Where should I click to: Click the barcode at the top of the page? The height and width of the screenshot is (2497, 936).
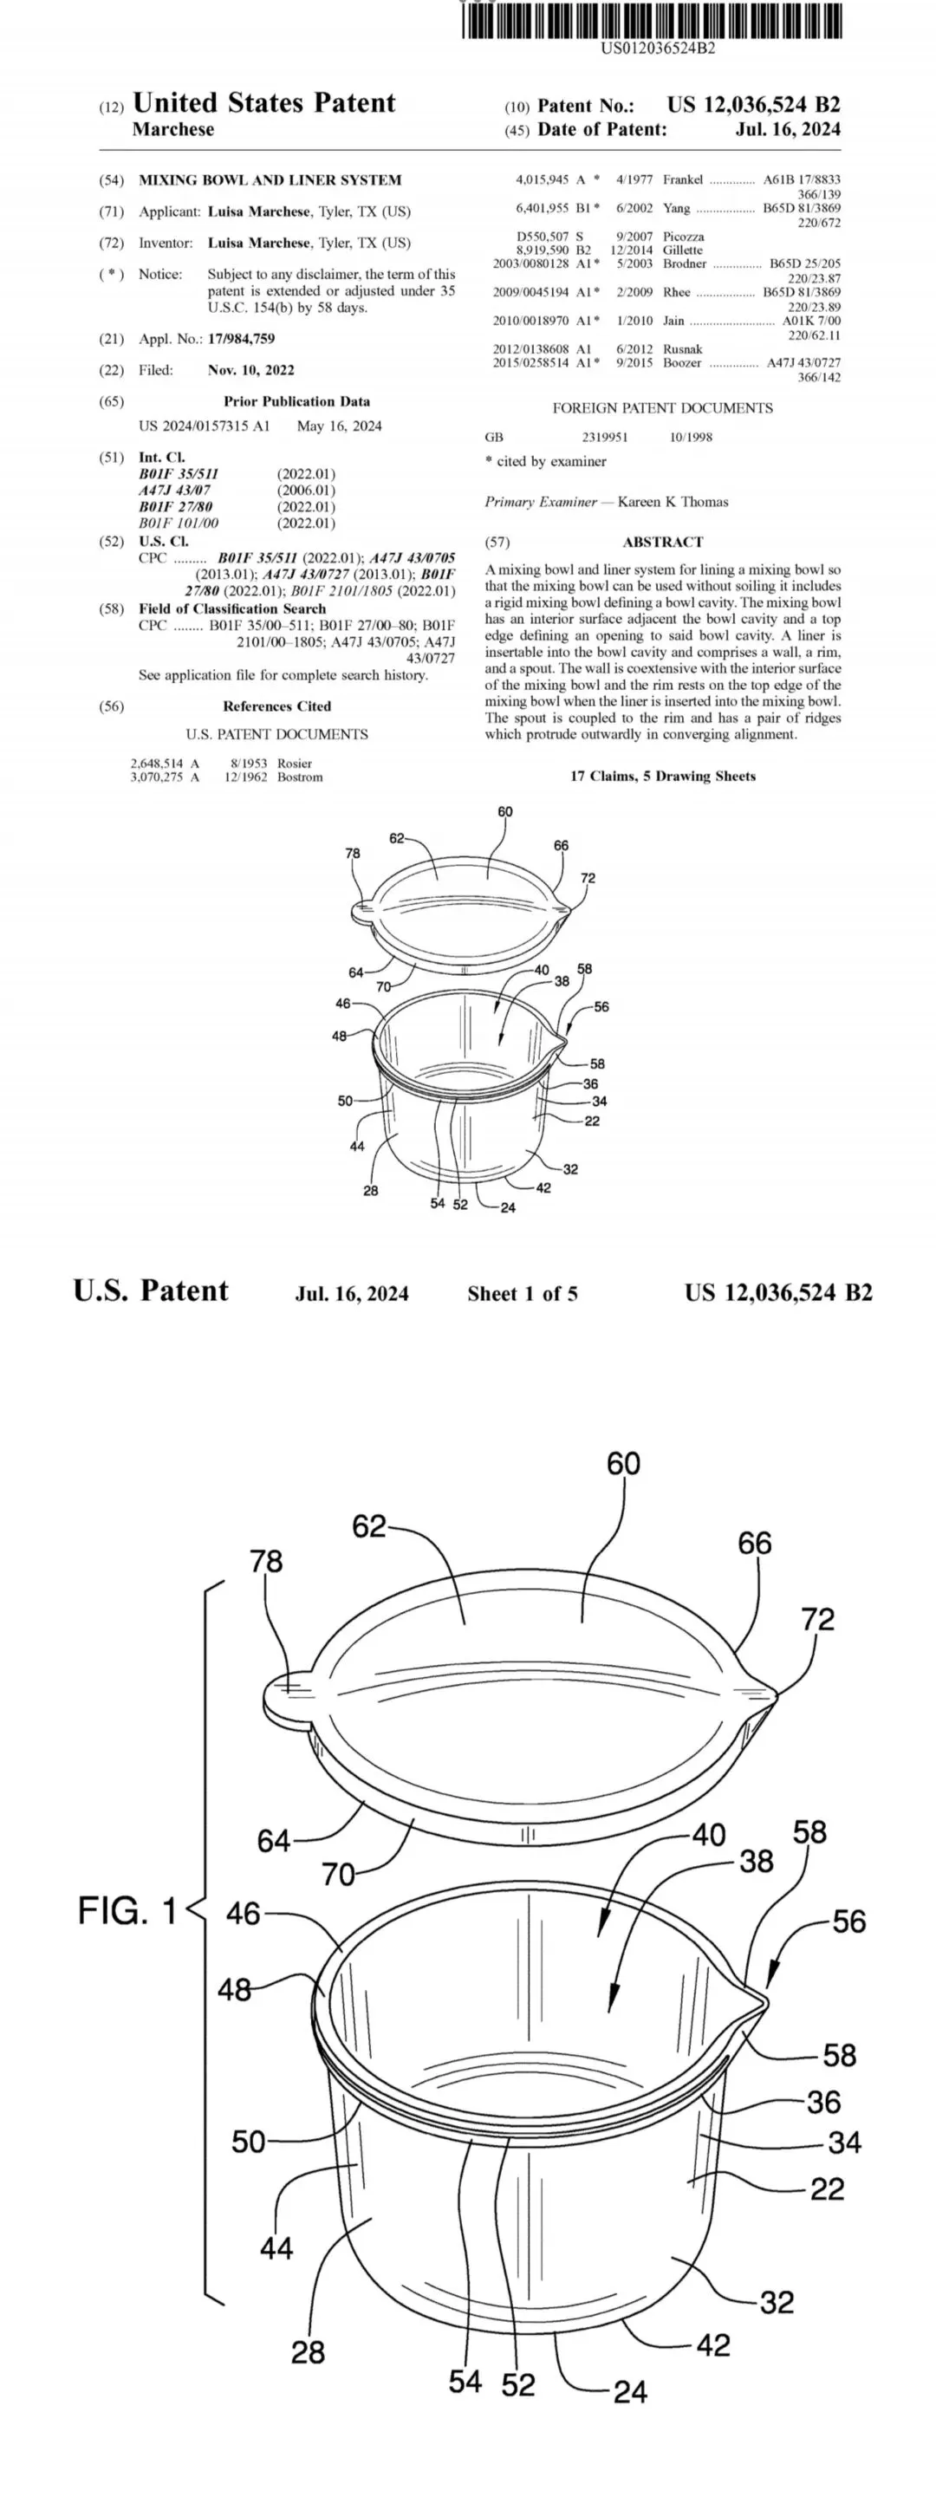click(x=652, y=22)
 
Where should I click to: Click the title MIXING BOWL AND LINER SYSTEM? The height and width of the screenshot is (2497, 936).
click(x=270, y=179)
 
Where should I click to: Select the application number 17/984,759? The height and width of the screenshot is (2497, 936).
click(x=241, y=338)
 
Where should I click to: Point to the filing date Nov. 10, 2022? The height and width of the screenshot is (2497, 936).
click(x=251, y=369)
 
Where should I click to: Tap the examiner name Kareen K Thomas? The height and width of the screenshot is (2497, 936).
click(x=673, y=501)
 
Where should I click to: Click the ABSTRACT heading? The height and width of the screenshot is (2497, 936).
click(x=663, y=542)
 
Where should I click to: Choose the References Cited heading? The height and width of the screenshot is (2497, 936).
click(x=277, y=706)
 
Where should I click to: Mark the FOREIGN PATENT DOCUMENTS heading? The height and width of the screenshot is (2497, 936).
click(x=663, y=408)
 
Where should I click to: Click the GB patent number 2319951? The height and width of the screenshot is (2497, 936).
click(x=605, y=437)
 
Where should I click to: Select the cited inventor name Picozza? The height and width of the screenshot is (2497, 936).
click(x=684, y=237)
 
